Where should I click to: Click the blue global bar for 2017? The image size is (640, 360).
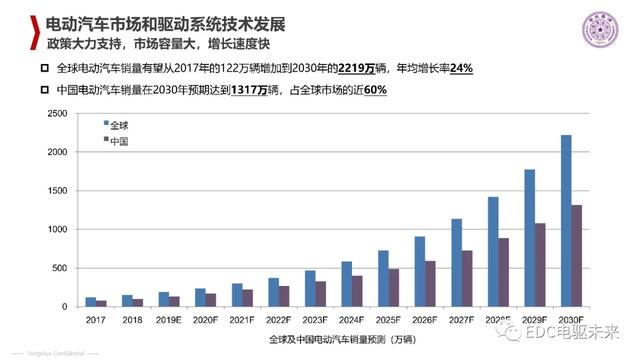click(x=91, y=301)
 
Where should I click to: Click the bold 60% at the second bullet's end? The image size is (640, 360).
click(x=374, y=90)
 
